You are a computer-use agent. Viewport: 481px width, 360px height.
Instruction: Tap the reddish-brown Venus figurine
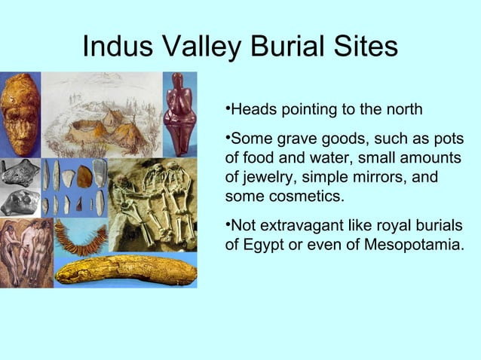point(179,113)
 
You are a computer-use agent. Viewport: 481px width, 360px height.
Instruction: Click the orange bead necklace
point(79,236)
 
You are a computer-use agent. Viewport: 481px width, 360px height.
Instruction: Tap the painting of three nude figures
point(26,252)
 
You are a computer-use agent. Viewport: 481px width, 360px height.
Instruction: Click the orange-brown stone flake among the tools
point(84,176)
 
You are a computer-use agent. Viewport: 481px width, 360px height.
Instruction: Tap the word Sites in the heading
point(368,47)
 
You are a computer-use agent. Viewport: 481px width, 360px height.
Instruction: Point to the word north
point(403,110)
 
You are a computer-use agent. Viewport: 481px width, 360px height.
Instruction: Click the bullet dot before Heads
point(228,110)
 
